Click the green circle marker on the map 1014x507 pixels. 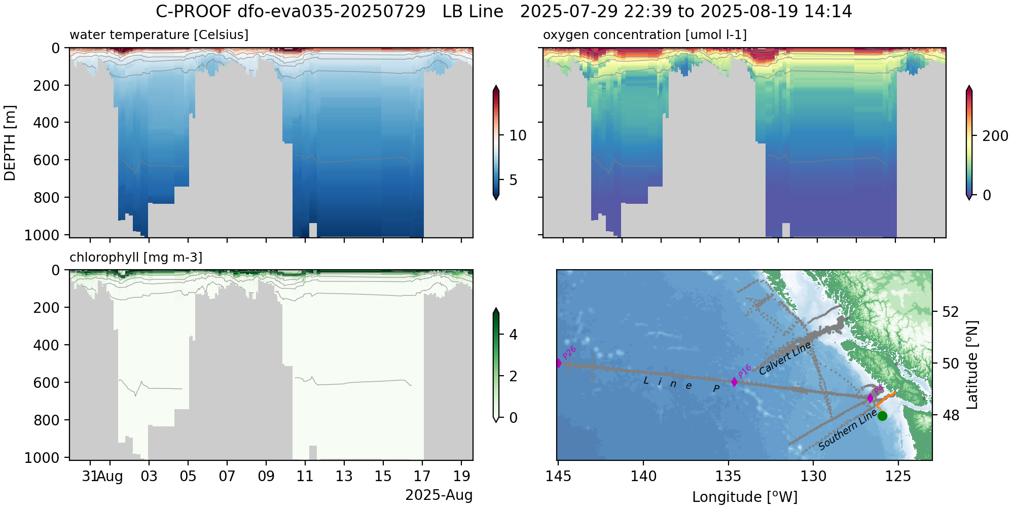882,416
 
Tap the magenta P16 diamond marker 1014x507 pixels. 734,382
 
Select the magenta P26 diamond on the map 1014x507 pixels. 559,363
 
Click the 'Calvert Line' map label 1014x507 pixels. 785,358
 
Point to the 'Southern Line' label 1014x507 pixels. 847,430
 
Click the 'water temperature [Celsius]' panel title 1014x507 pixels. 159,34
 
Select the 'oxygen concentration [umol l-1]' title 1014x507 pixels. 644,34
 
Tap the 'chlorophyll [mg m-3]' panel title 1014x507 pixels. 136,258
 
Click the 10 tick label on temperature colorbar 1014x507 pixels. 518,135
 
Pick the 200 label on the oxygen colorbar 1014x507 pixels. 995,136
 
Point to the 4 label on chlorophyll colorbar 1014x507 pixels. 513,335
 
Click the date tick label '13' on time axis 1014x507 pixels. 344,477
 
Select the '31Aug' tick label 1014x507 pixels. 102,477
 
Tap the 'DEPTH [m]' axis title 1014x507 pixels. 10,143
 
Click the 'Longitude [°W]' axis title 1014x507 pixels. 744,497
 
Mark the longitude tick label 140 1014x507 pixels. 643,477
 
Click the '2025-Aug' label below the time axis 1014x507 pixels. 439,495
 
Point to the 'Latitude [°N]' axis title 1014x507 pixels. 971,365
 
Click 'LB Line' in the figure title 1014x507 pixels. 473,11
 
